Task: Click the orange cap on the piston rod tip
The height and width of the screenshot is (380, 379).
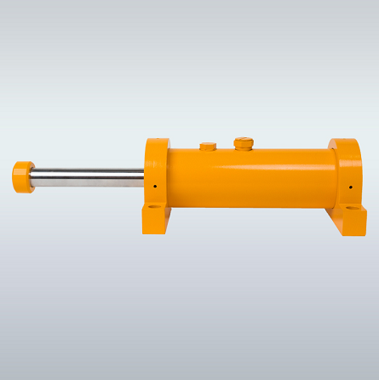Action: click(x=22, y=176)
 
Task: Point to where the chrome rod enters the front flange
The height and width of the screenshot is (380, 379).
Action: click(x=144, y=177)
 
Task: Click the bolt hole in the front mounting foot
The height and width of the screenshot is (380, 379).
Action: click(x=154, y=206)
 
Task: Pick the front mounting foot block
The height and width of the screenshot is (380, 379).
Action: click(x=157, y=217)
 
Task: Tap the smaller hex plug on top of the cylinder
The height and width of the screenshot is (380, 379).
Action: click(x=208, y=147)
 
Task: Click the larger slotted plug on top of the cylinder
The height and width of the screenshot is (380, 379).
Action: click(x=244, y=144)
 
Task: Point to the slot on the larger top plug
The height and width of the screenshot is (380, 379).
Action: click(x=244, y=141)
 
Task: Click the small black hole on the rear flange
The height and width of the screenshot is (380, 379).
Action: click(x=350, y=187)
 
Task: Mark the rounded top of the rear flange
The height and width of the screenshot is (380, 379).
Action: click(x=345, y=142)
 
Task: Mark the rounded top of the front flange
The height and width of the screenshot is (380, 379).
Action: click(x=157, y=142)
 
